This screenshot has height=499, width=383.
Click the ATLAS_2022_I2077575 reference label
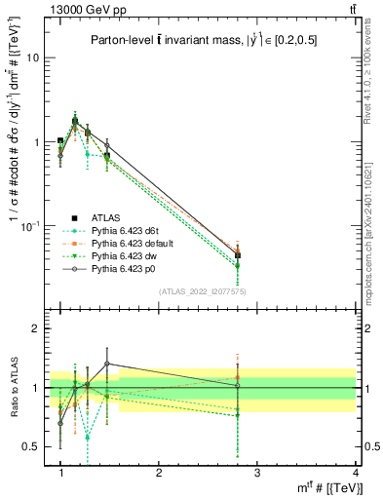(x=202, y=291)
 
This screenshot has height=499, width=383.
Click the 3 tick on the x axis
(x=257, y=473)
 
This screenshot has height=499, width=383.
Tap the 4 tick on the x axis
(x=356, y=473)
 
